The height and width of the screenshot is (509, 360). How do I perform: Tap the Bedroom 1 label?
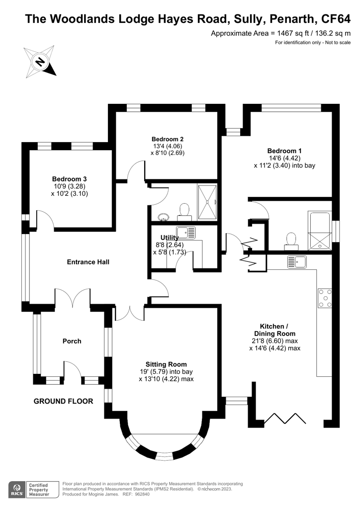click(284, 151)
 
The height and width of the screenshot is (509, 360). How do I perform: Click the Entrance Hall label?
click(88, 262)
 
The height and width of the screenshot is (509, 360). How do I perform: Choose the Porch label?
click(72, 341)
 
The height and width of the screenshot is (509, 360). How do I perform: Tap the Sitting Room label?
click(166, 363)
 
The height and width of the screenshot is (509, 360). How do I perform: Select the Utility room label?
click(169, 238)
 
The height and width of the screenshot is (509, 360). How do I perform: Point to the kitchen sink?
click(297, 261)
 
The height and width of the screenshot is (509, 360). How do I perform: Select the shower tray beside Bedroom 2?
click(207, 202)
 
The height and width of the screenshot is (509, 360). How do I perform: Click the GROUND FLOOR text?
click(63, 400)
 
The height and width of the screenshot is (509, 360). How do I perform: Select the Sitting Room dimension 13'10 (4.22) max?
click(166, 379)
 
